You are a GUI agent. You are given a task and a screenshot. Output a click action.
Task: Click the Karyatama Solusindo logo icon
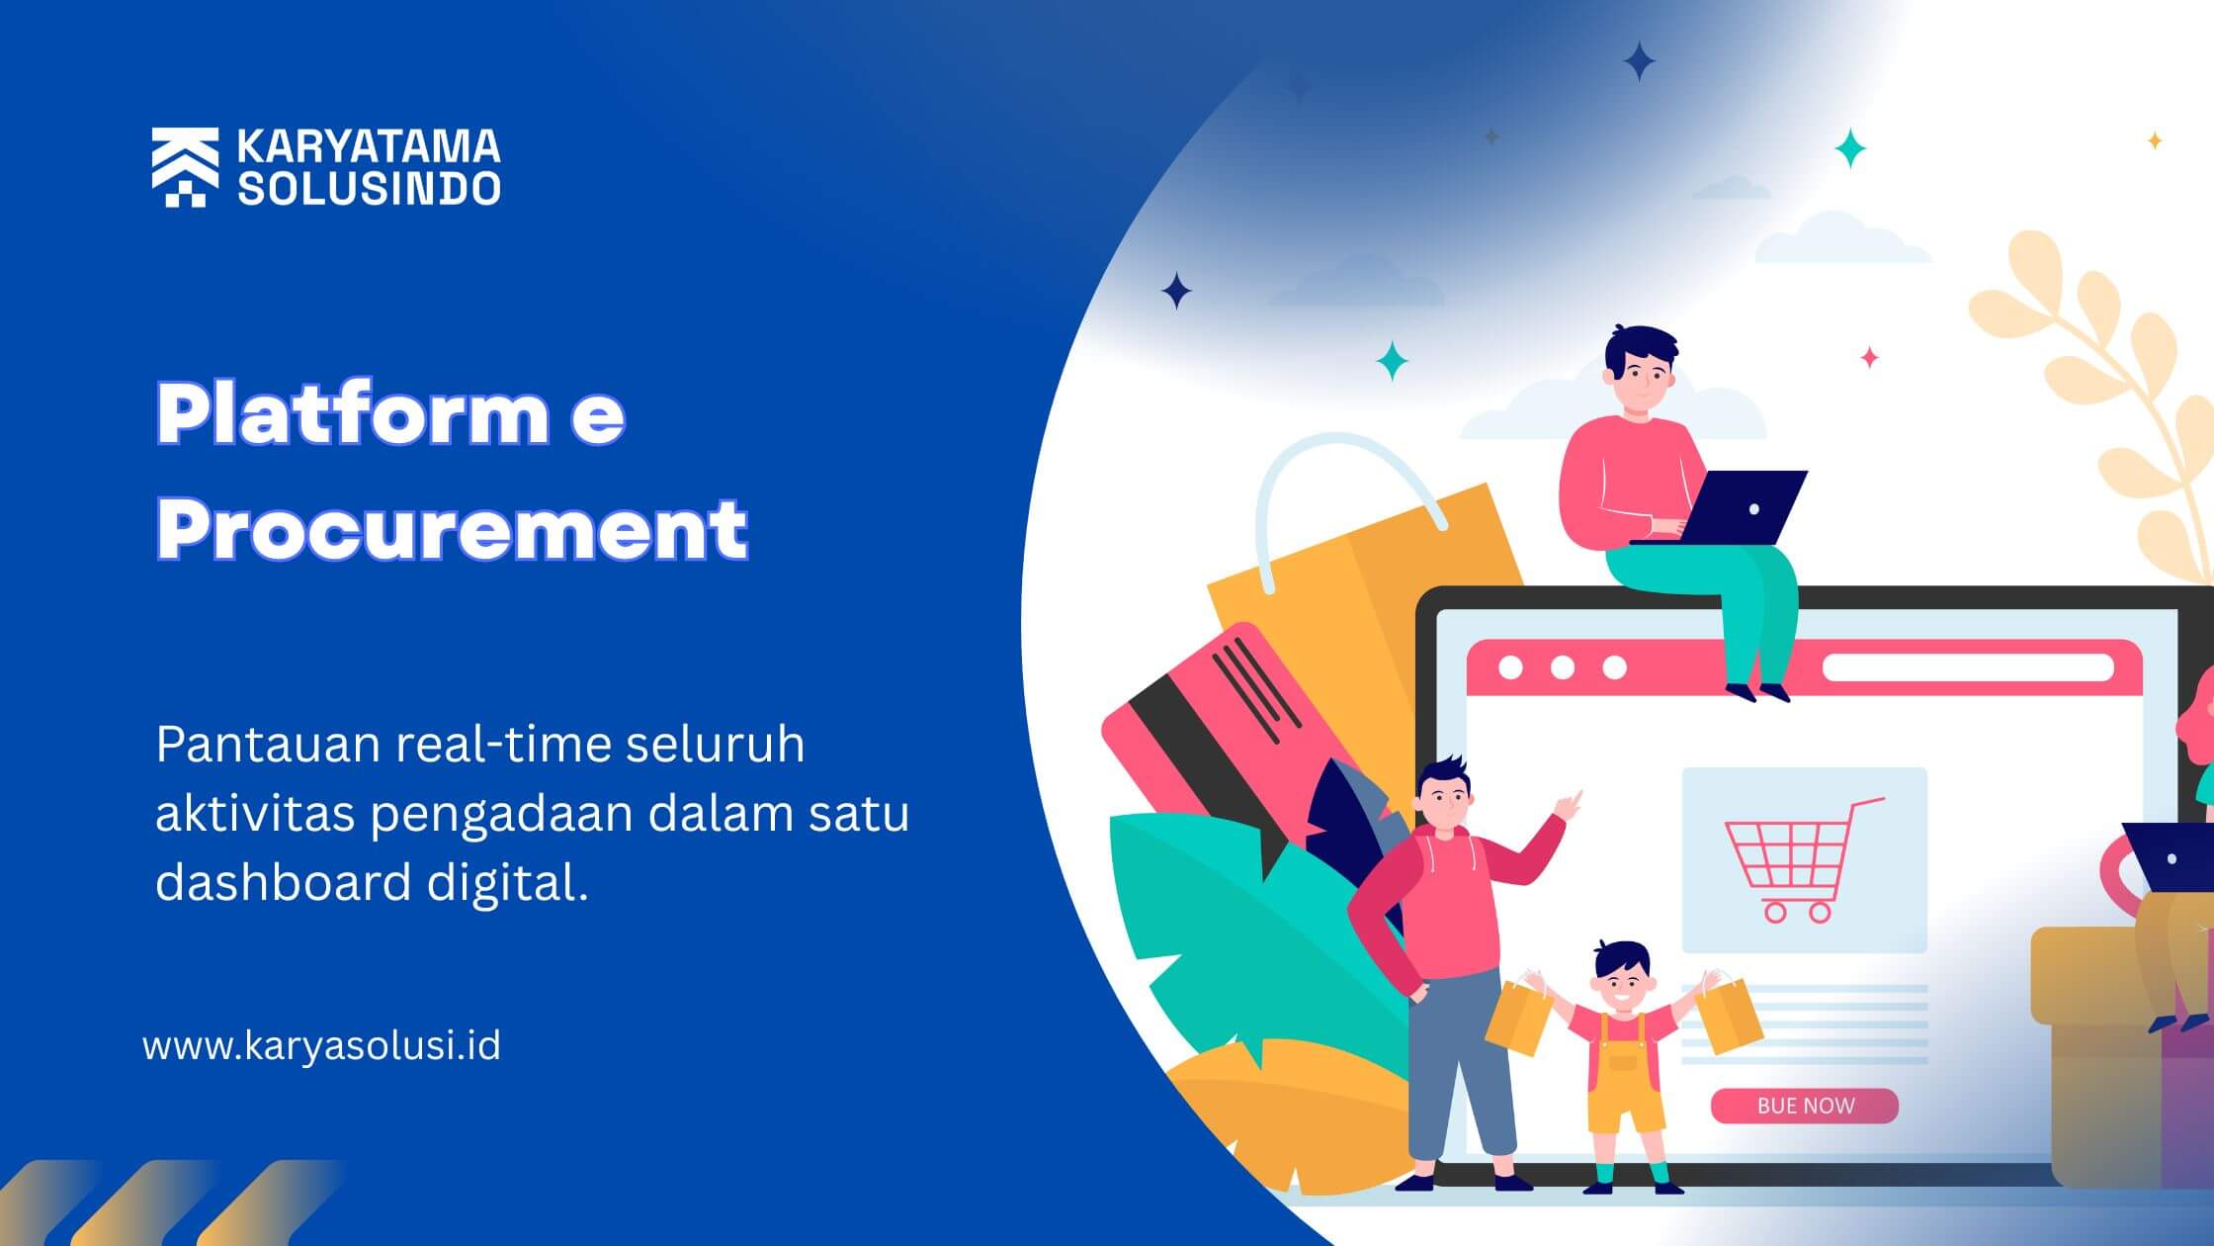pyautogui.click(x=185, y=167)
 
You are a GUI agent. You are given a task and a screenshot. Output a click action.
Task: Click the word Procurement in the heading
pyautogui.click(x=452, y=529)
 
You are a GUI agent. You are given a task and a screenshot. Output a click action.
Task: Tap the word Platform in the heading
pyautogui.click(x=352, y=413)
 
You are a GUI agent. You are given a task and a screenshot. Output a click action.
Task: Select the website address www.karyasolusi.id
pyautogui.click(x=322, y=1045)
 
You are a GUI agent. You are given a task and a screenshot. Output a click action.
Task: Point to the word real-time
pyautogui.click(x=502, y=744)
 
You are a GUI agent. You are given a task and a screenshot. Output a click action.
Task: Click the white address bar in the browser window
pyautogui.click(x=1968, y=667)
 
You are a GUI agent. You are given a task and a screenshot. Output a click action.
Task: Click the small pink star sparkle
pyautogui.click(x=1869, y=357)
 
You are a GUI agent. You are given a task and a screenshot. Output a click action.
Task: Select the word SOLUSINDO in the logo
pyautogui.click(x=369, y=188)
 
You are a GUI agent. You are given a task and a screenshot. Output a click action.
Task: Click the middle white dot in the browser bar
pyautogui.click(x=1563, y=667)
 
